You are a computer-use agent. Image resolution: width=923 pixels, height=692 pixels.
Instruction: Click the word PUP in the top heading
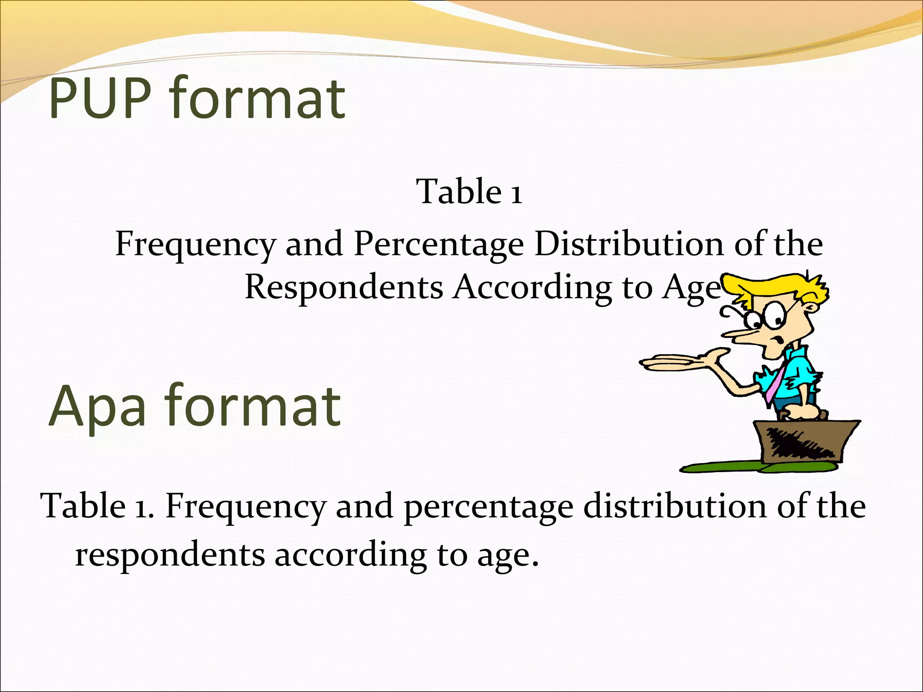pos(100,98)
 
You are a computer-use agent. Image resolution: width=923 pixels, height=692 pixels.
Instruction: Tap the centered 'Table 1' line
pos(469,192)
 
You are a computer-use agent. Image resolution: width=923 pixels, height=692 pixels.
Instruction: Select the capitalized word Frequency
pos(195,245)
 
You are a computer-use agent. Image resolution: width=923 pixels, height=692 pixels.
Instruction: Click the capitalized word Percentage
pos(439,245)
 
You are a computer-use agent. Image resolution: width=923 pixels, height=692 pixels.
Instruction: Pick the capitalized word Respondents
pos(343,287)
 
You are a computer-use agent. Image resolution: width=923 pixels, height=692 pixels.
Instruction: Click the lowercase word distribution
pos(675,506)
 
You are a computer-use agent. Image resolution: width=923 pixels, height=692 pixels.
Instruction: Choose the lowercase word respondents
pos(170,555)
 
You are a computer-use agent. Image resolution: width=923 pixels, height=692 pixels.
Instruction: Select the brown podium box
pos(807,442)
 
